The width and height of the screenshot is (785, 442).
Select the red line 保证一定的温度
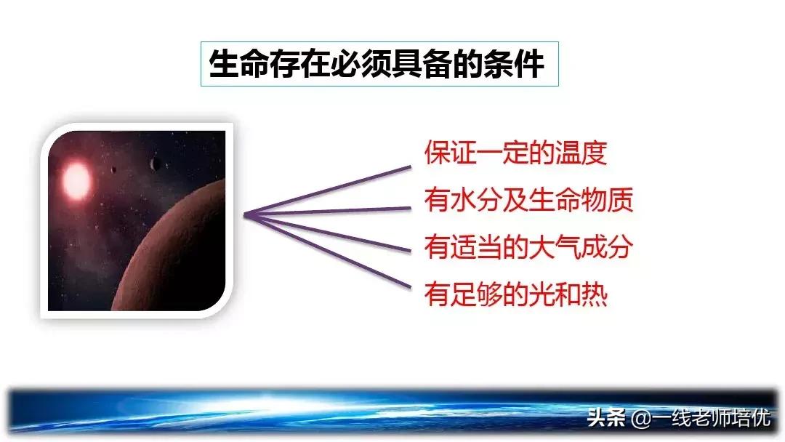[x=515, y=153]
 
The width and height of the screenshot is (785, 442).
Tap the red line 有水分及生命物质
[x=528, y=200]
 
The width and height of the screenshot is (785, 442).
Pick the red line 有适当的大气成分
[x=528, y=247]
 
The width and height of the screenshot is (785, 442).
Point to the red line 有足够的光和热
[x=516, y=295]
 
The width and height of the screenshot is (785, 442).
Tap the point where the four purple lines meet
[x=245, y=214]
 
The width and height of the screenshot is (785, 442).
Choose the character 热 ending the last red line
[x=595, y=295]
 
